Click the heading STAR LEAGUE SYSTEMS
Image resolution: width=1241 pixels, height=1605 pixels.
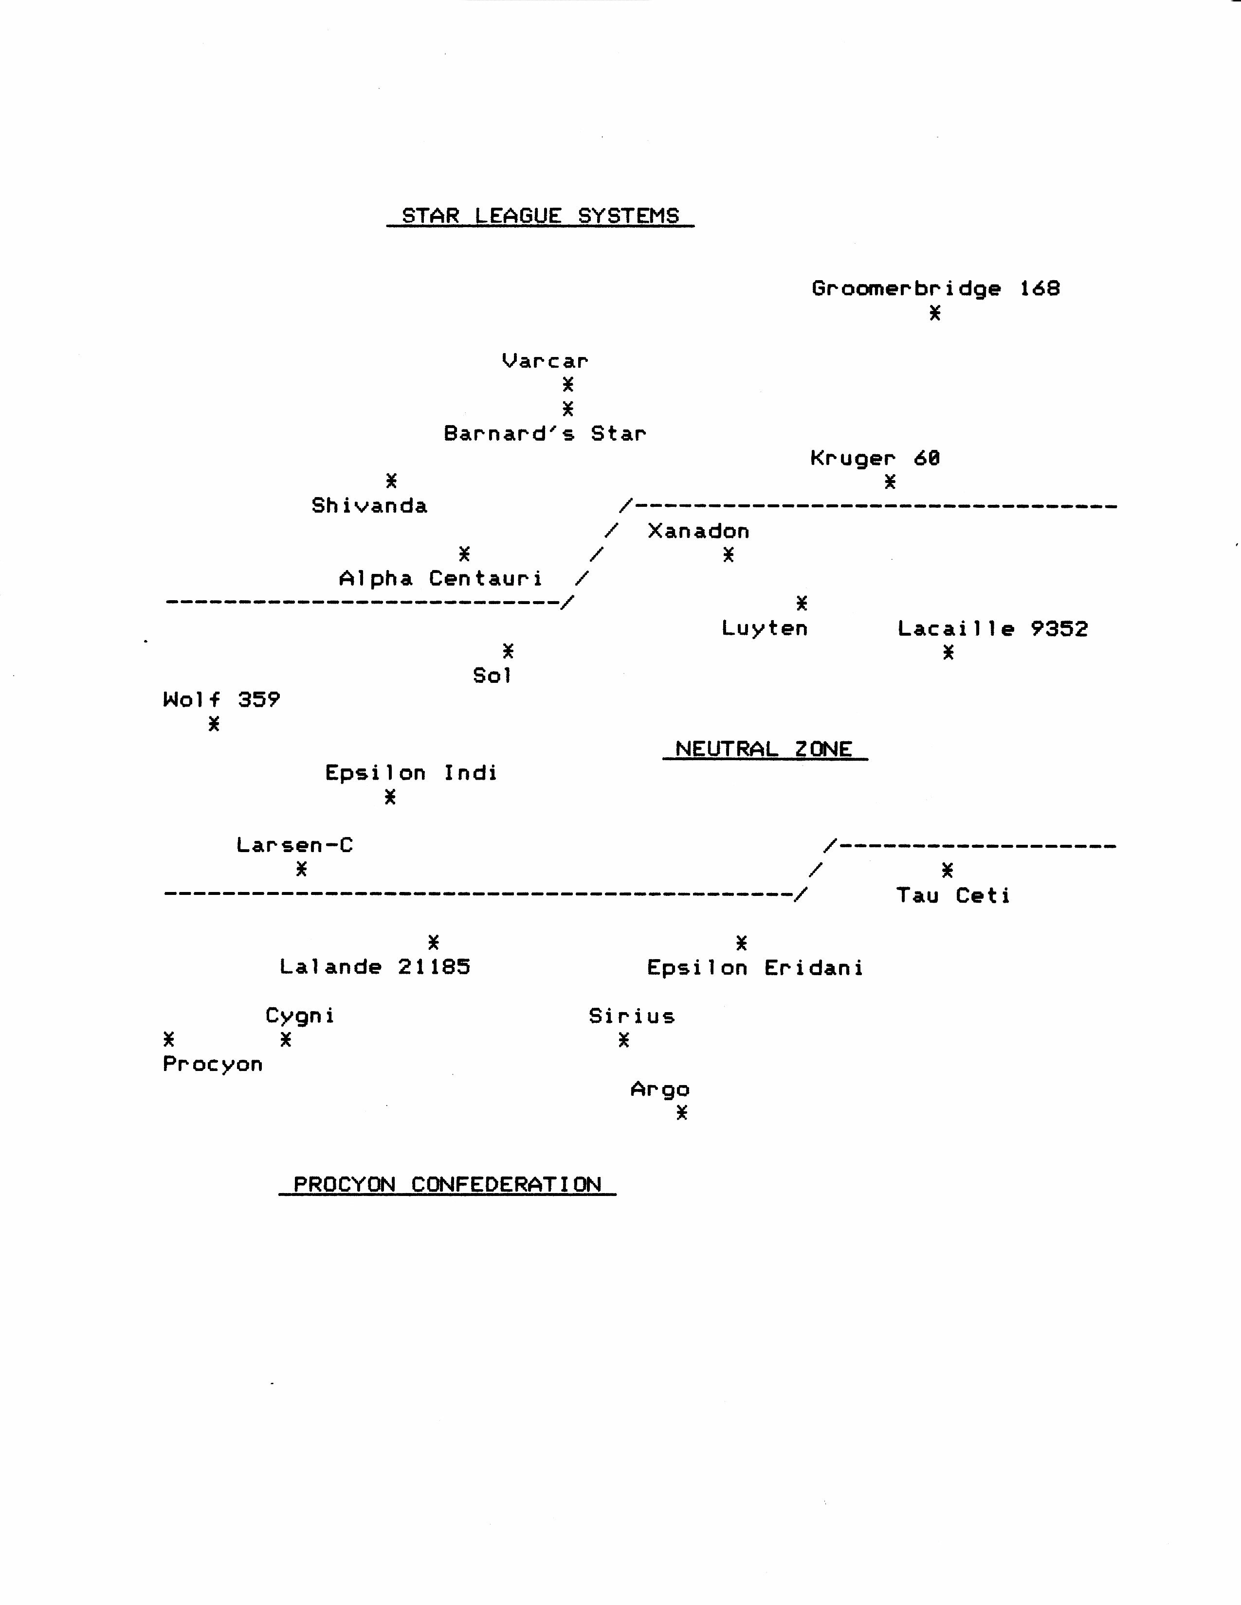click(x=540, y=216)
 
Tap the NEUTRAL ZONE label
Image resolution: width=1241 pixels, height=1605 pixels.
click(x=764, y=749)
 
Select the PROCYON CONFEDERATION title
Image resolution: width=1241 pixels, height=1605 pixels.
click(x=447, y=1185)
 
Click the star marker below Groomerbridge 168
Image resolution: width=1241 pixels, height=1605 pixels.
click(x=934, y=313)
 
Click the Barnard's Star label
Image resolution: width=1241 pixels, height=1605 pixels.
click(x=545, y=433)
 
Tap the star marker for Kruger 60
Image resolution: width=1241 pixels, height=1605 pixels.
click(x=890, y=481)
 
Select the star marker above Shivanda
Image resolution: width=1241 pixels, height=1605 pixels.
click(x=391, y=481)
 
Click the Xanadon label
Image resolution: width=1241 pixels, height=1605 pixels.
click(x=698, y=531)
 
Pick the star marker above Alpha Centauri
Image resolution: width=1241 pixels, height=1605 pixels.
click(x=464, y=553)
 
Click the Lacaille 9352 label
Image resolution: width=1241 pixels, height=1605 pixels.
click(x=992, y=629)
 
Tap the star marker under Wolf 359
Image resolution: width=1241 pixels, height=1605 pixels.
click(x=213, y=724)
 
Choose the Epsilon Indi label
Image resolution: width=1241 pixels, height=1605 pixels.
click(x=411, y=773)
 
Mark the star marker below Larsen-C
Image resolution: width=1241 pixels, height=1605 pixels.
click(x=301, y=870)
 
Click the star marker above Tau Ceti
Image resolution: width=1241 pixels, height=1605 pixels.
click(x=948, y=870)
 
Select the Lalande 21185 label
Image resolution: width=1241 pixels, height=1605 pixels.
click(x=375, y=966)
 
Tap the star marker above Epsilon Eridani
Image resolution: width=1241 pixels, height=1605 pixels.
click(x=742, y=942)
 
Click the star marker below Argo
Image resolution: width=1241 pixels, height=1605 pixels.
click(x=681, y=1113)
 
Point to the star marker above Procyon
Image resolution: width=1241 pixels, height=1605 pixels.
click(x=169, y=1039)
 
